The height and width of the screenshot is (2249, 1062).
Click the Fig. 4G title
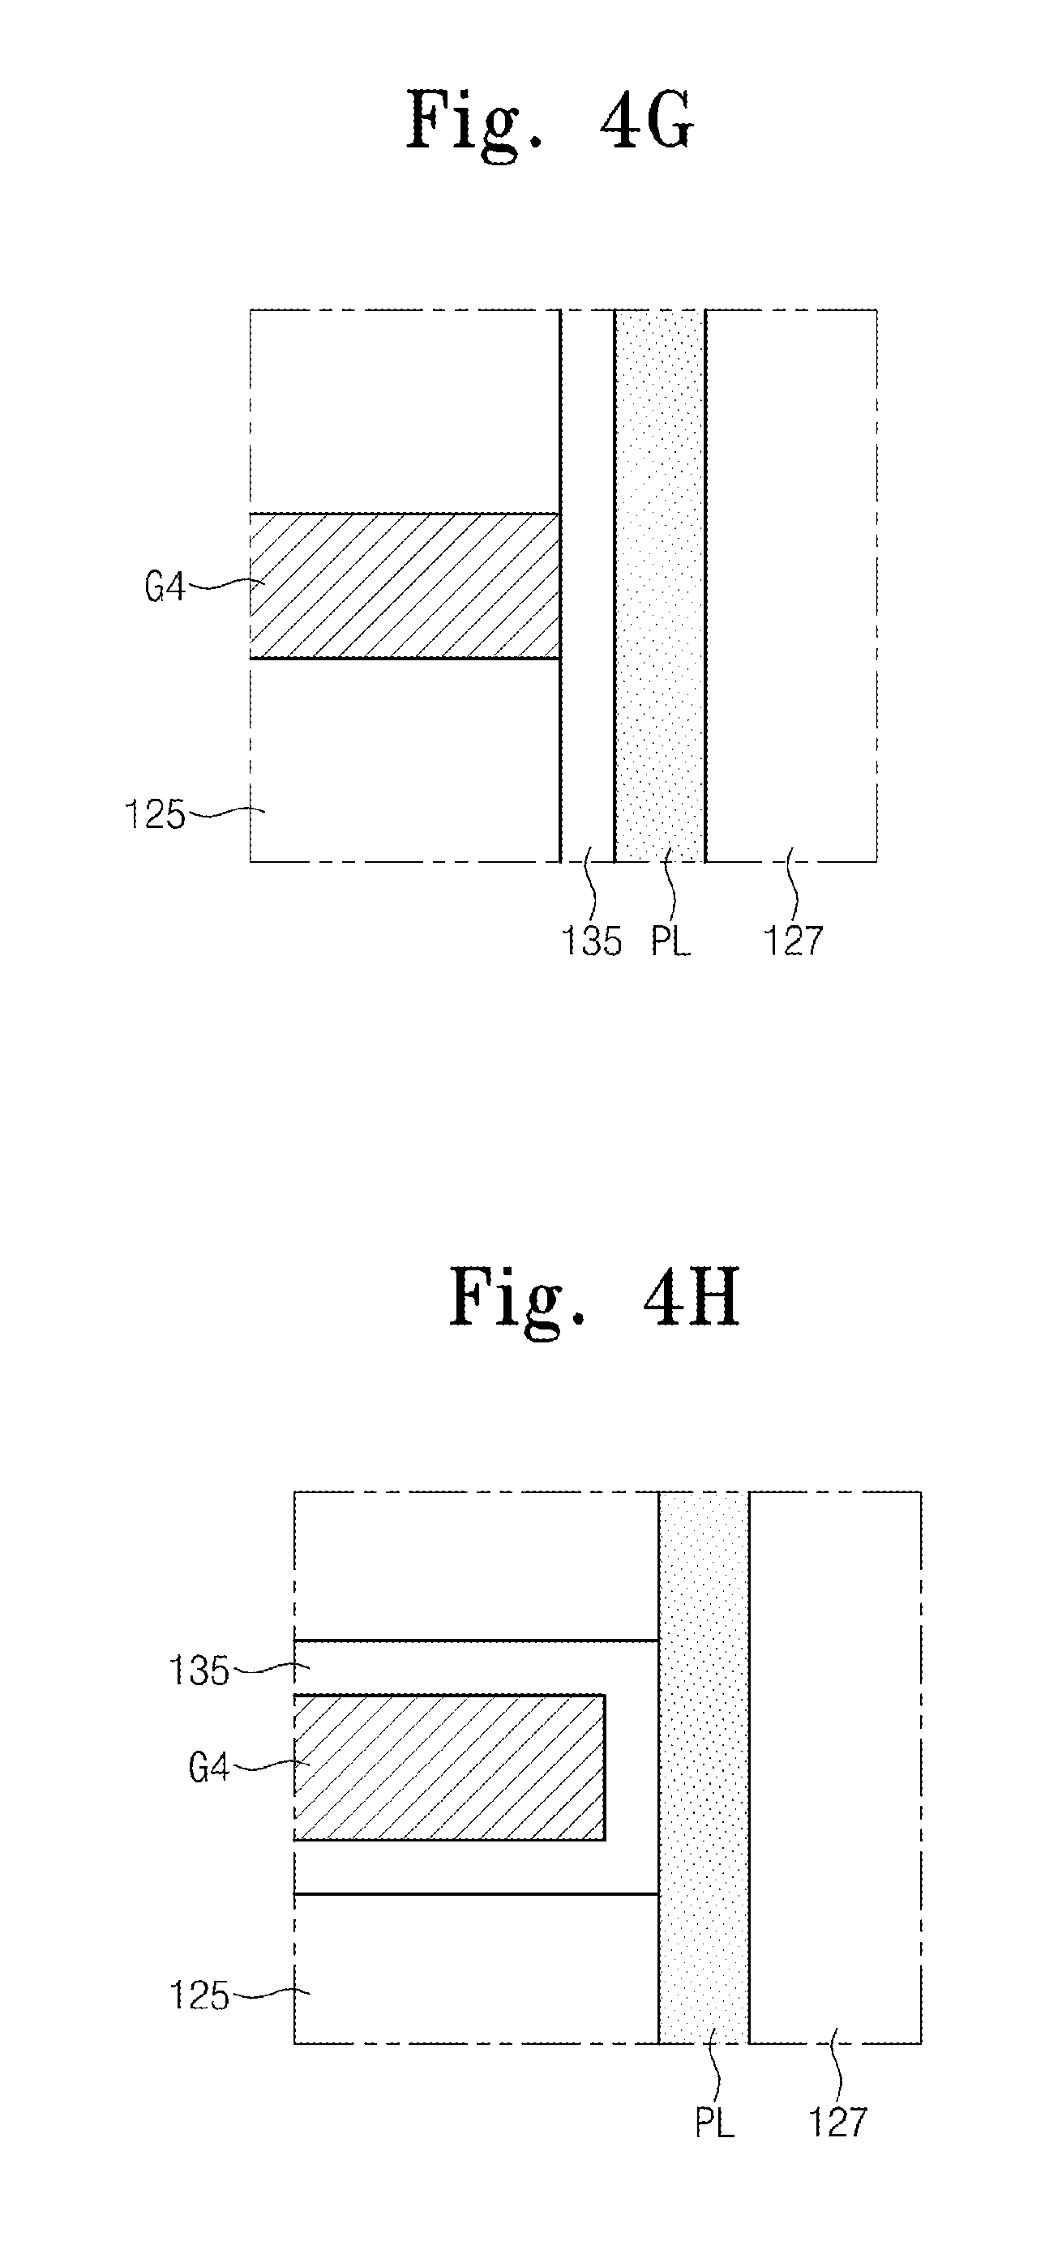(550, 123)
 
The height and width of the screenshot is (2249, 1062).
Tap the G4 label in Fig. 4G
(165, 587)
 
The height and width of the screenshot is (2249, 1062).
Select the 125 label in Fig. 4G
(155, 814)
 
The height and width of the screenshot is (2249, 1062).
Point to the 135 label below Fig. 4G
(591, 941)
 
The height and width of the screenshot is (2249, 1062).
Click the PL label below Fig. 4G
(670, 941)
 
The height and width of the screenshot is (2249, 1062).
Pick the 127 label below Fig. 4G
(793, 941)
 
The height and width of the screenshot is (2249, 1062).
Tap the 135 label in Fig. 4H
(199, 1671)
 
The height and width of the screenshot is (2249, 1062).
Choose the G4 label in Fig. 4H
(208, 1768)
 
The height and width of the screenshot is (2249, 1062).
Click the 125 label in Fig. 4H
(199, 1995)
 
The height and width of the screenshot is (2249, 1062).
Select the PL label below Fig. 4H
(714, 2123)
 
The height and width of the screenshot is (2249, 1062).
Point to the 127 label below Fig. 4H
(837, 2123)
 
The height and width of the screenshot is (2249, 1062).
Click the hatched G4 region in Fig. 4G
(404, 586)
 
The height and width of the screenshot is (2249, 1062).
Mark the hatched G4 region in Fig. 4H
(449, 1767)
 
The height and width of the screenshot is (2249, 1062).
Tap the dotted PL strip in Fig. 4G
(659, 585)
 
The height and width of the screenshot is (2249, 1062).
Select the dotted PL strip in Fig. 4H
(703, 1767)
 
